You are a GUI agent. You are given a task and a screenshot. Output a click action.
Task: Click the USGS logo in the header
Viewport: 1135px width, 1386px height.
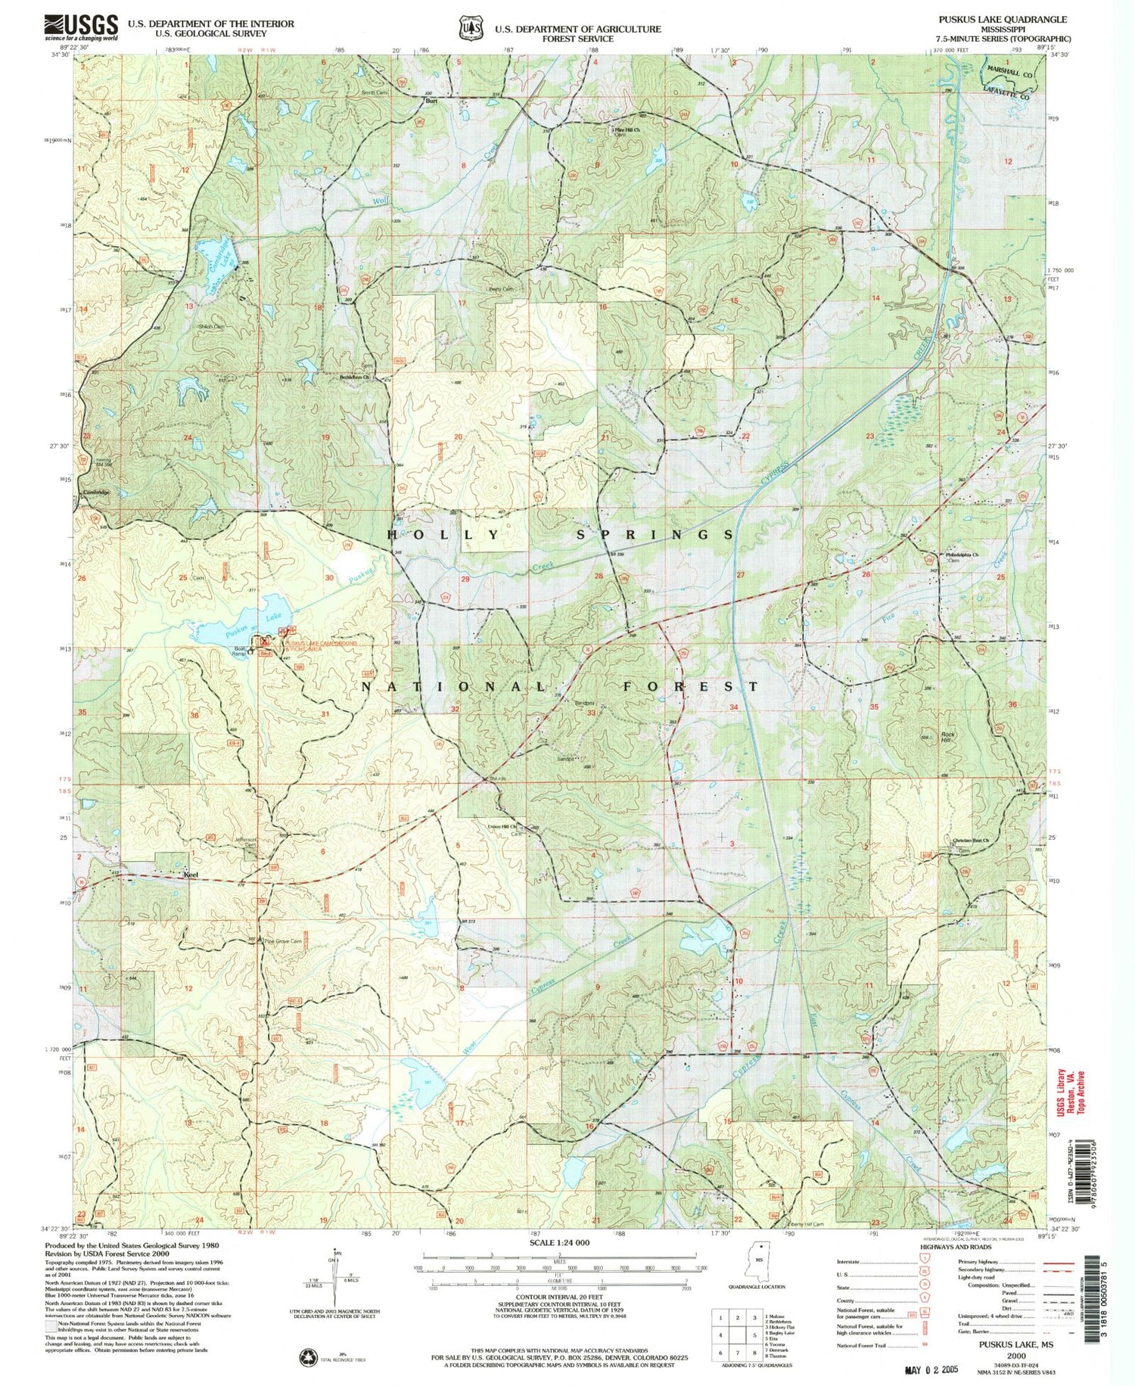point(82,26)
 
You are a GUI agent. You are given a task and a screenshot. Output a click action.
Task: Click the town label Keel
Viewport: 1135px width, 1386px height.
point(191,874)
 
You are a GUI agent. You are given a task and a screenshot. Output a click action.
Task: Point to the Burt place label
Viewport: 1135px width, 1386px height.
point(431,101)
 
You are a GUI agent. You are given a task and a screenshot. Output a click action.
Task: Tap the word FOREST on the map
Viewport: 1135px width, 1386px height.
point(690,686)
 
